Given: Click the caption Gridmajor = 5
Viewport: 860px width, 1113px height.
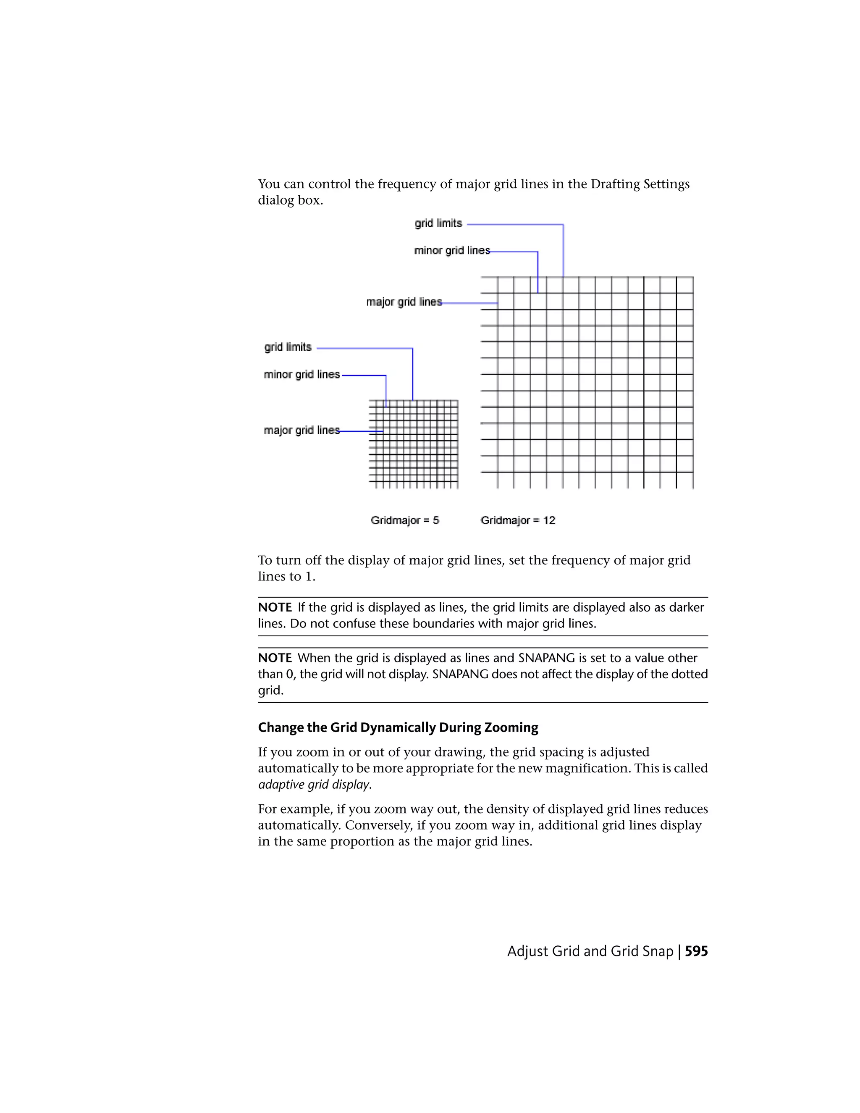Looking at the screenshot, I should pyautogui.click(x=404, y=520).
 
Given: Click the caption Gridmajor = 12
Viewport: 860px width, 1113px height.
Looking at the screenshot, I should pyautogui.click(x=518, y=520).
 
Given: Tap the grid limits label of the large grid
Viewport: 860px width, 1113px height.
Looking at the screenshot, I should pyautogui.click(x=438, y=223).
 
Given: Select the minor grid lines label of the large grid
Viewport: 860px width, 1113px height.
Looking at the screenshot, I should pyautogui.click(x=452, y=250).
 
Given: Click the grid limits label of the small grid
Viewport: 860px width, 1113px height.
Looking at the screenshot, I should pyautogui.click(x=288, y=347).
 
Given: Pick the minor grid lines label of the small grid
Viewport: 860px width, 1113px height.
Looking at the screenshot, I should pyautogui.click(x=302, y=375).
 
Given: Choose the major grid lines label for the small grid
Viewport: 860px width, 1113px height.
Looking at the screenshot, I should pyautogui.click(x=302, y=430).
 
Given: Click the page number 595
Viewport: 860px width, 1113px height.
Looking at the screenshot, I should pyautogui.click(x=696, y=951).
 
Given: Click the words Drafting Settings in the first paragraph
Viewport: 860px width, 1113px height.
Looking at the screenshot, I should pyautogui.click(x=640, y=184).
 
